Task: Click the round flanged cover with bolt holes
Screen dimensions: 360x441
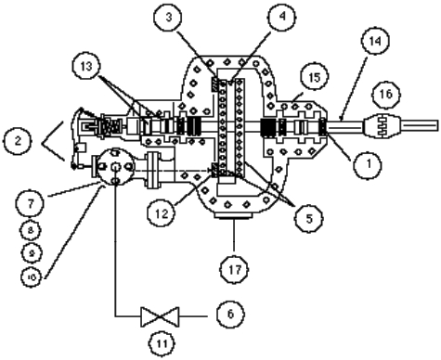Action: click(111, 168)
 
